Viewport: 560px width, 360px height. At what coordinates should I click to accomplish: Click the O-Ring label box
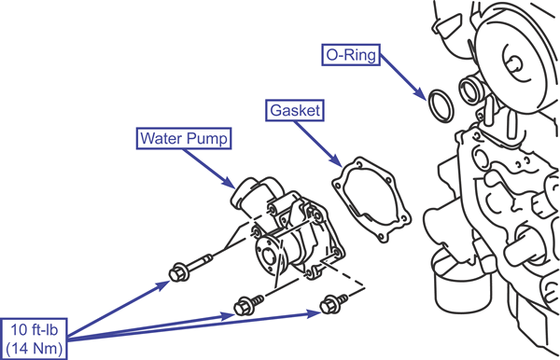click(x=351, y=55)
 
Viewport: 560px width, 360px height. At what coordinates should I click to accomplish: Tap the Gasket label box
click(x=295, y=110)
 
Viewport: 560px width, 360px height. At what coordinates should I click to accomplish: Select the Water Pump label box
click(x=184, y=138)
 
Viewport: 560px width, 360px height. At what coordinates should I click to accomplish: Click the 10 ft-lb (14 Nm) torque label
click(x=34, y=339)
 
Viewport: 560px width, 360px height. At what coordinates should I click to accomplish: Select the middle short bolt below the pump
click(x=248, y=305)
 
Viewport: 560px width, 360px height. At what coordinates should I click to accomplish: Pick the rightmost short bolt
click(x=333, y=303)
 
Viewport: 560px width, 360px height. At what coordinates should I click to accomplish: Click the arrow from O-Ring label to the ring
click(x=403, y=77)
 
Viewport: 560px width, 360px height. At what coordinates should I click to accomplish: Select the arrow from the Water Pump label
click(x=210, y=169)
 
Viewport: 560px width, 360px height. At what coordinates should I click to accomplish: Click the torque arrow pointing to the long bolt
click(x=119, y=309)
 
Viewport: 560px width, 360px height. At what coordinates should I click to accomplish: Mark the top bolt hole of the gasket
click(x=359, y=165)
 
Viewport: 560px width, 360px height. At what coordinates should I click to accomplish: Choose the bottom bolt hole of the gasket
click(x=381, y=236)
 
